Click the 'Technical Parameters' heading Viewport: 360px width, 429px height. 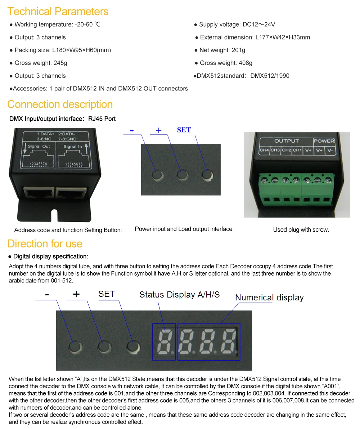coord(58,11)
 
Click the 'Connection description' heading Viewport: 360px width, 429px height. coord(60,104)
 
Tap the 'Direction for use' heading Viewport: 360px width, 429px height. coord(45,244)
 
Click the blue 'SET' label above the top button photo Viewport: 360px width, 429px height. coord(184,130)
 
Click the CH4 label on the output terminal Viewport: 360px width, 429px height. coord(264,150)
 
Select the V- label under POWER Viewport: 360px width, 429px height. coord(329,150)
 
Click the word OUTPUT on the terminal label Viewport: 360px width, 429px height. coord(287,141)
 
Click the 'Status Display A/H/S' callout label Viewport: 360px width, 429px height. coord(179,295)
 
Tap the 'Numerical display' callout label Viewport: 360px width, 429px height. coord(269,298)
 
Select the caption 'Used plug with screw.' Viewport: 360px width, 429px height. coord(301,230)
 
